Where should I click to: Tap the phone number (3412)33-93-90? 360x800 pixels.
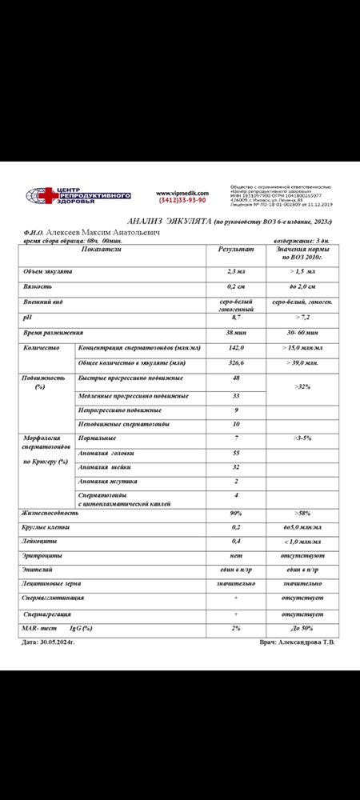(181, 200)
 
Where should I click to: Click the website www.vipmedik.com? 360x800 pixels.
(182, 193)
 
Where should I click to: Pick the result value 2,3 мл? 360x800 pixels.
(236, 271)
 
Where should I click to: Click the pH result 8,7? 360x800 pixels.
(236, 318)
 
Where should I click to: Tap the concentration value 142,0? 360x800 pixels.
(236, 348)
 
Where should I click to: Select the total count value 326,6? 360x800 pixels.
(236, 362)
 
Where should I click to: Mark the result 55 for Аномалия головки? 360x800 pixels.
(236, 453)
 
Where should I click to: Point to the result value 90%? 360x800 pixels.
(236, 513)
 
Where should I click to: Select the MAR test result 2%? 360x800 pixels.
(236, 628)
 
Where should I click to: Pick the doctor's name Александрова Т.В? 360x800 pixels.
(308, 642)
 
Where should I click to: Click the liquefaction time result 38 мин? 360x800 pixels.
(236, 332)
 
